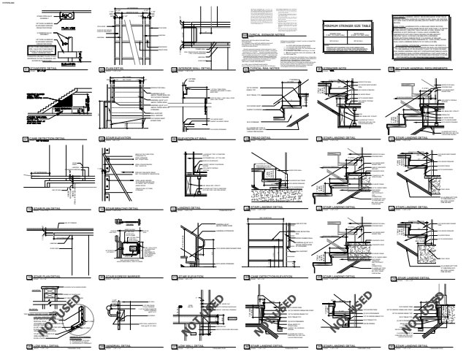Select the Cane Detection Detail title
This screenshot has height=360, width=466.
51,137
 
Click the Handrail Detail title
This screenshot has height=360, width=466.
122,345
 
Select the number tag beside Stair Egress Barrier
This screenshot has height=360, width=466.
101,278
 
